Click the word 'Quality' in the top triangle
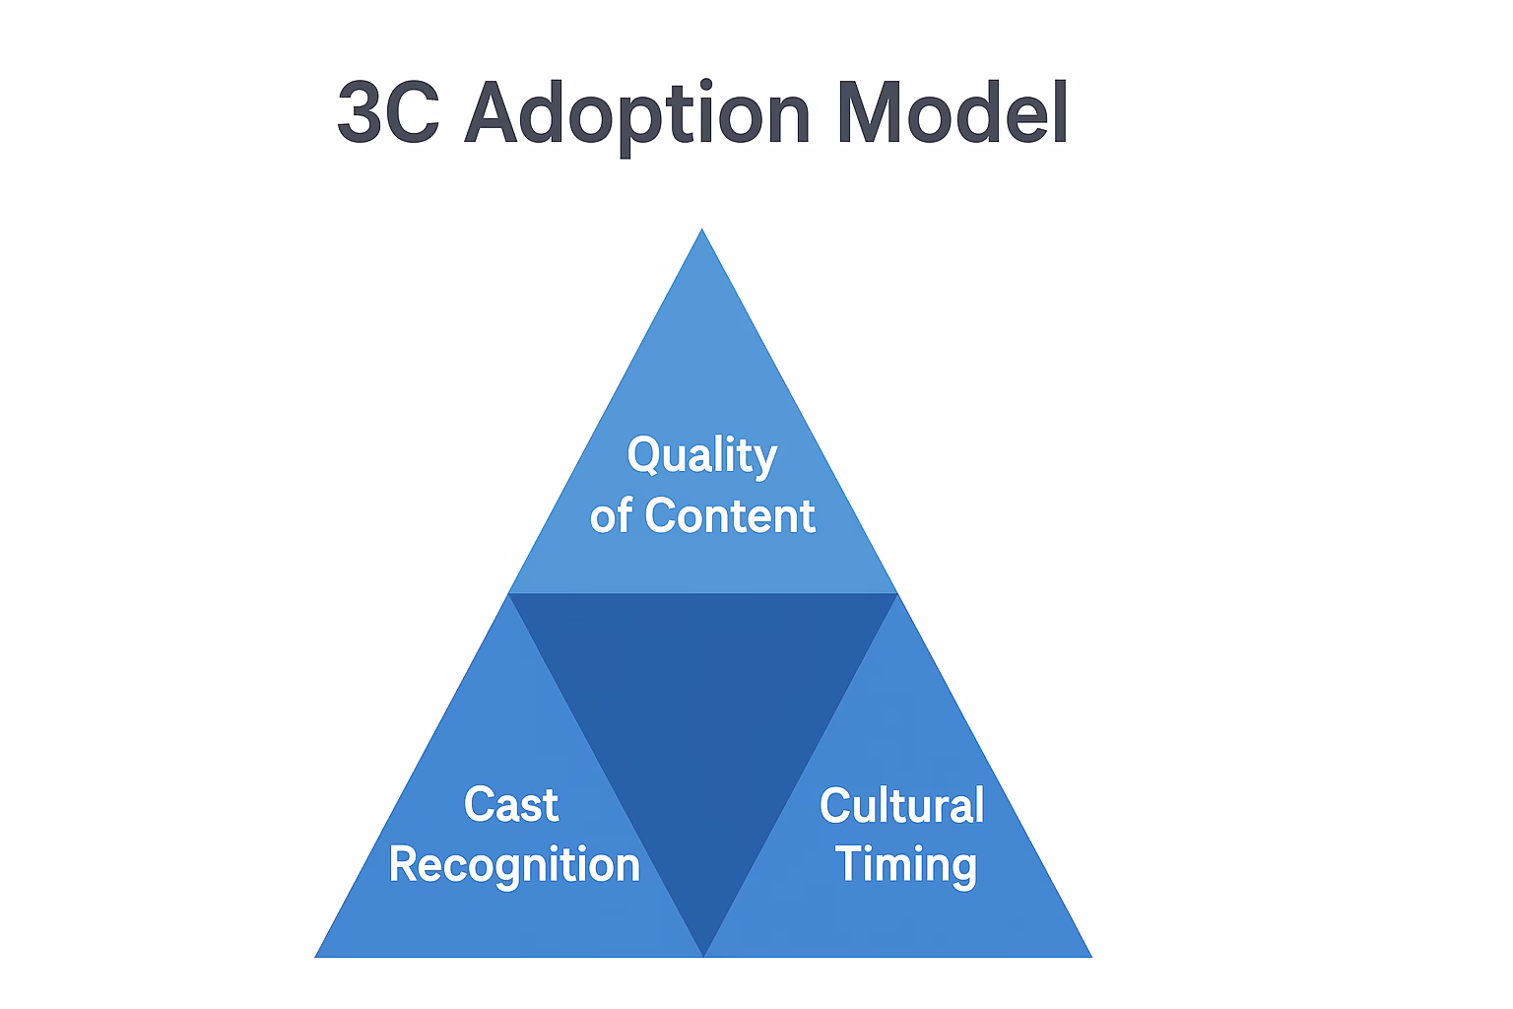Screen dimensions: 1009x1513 [702, 456]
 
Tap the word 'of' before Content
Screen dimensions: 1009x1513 [611, 516]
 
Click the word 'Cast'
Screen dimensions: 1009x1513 [511, 805]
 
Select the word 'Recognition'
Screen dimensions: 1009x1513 [514, 865]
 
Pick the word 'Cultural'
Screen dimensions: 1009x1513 [901, 805]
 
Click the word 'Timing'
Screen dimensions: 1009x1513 [905, 865]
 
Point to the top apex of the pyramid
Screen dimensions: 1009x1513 [702, 232]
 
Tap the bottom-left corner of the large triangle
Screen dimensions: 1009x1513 [317, 955]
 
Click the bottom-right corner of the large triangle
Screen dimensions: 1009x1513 [1089, 955]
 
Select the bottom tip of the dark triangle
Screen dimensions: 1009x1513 [703, 953]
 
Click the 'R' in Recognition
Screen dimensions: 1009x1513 [404, 864]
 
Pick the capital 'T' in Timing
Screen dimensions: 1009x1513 [849, 864]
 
